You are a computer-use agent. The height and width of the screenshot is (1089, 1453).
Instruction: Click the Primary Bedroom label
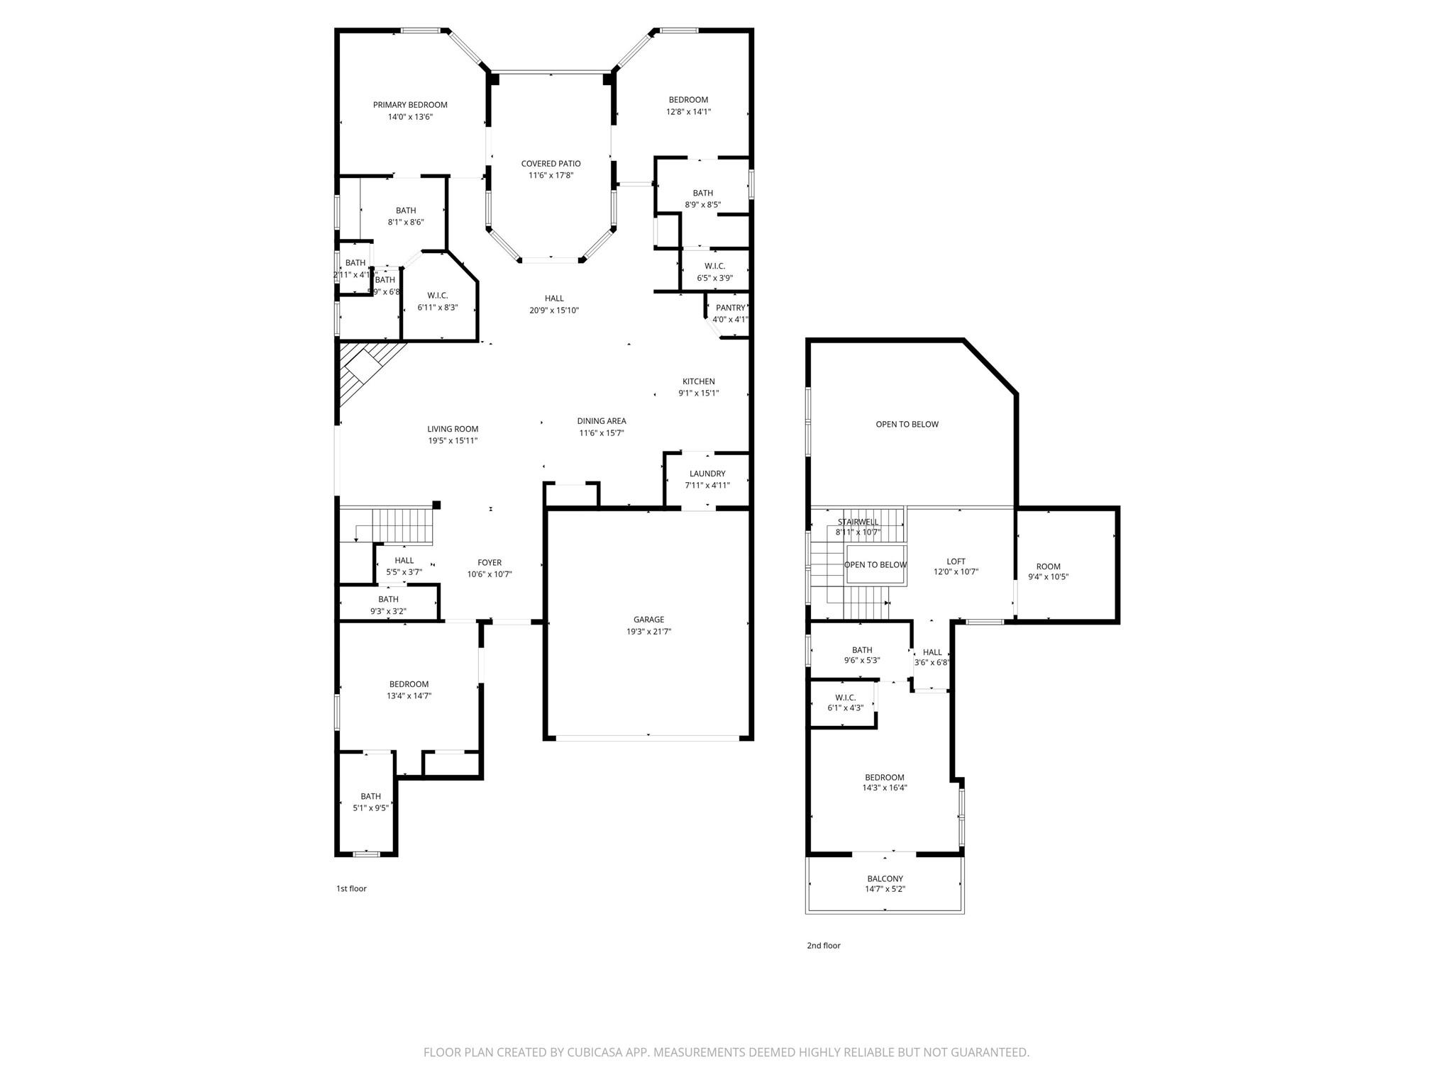point(410,105)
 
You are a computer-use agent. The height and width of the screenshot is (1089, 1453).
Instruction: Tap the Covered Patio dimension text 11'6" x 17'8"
point(551,176)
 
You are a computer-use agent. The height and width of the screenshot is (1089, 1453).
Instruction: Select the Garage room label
point(648,620)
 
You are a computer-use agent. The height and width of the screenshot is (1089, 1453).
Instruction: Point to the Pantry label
point(730,308)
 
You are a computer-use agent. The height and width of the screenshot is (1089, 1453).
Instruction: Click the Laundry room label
point(707,474)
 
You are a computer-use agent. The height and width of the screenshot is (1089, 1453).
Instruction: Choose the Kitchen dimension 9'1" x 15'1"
point(698,393)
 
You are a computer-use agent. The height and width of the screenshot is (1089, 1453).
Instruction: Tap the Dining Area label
point(601,421)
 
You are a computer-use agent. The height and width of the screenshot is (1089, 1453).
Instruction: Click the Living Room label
point(453,429)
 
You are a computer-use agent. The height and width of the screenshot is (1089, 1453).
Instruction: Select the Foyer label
point(490,563)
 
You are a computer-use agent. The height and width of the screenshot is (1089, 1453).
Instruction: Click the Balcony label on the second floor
point(885,878)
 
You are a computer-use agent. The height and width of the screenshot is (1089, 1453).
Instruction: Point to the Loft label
point(956,562)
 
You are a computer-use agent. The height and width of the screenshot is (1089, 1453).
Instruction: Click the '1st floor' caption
point(351,888)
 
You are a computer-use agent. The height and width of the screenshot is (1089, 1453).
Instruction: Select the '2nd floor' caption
point(823,945)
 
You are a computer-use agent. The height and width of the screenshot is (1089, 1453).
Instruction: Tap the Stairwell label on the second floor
point(858,522)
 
